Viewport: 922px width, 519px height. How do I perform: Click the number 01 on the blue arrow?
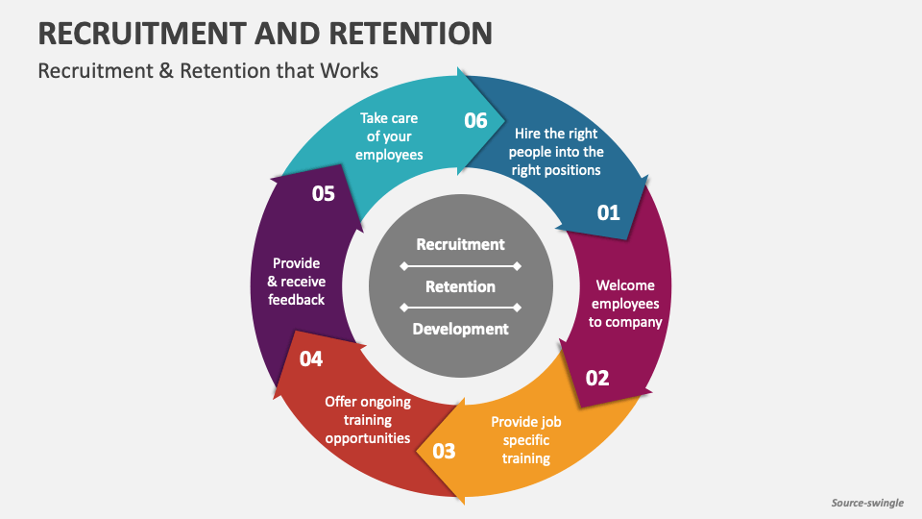pyautogui.click(x=609, y=212)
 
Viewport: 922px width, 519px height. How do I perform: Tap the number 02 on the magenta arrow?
pyautogui.click(x=597, y=378)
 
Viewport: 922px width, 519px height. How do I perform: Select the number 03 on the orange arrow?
pyautogui.click(x=444, y=450)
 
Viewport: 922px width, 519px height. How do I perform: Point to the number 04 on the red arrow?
pyautogui.click(x=310, y=358)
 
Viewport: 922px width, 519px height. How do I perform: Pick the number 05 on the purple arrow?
pyautogui.click(x=323, y=193)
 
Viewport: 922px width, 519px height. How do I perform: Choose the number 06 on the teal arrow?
pyautogui.click(x=476, y=120)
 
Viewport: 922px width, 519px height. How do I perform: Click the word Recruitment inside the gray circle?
pyautogui.click(x=460, y=244)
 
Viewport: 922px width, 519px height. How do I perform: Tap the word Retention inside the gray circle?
pyautogui.click(x=460, y=286)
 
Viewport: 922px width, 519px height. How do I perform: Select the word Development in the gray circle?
pyautogui.click(x=460, y=329)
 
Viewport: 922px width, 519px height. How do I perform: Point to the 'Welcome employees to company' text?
pyautogui.click(x=625, y=303)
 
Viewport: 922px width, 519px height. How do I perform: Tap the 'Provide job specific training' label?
pyautogui.click(x=525, y=439)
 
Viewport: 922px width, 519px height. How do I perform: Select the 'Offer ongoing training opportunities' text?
pyautogui.click(x=368, y=420)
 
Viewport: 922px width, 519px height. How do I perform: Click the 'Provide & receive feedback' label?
pyautogui.click(x=296, y=281)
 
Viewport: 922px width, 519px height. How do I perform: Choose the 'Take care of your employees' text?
pyautogui.click(x=389, y=136)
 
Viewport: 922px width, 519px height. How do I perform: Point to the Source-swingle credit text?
pyautogui.click(x=868, y=503)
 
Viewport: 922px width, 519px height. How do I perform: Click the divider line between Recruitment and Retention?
pyautogui.click(x=460, y=265)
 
